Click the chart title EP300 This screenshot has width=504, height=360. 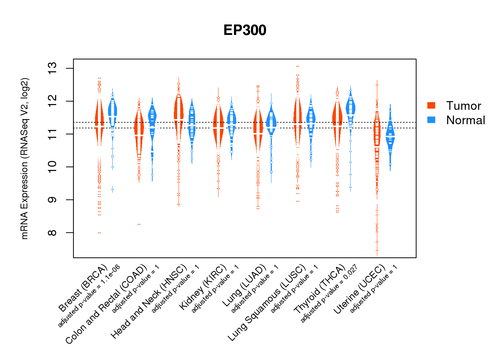point(245,30)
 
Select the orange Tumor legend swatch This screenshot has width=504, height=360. point(431,105)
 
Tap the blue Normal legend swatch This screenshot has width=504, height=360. point(431,120)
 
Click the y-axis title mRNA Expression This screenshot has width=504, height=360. point(24,158)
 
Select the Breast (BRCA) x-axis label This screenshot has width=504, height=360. point(83,288)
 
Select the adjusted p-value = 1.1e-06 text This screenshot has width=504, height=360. point(89,296)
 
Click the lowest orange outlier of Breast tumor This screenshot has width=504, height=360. point(99,233)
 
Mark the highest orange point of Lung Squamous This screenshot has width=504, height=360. point(298,67)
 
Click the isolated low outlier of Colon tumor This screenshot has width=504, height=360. point(139,224)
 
